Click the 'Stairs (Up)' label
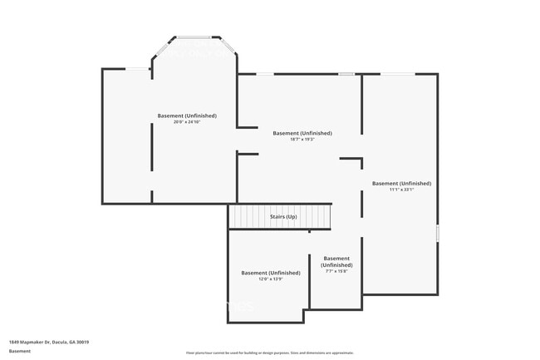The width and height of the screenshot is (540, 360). pos(283,217)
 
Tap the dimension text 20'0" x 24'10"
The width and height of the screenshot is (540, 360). pos(187,122)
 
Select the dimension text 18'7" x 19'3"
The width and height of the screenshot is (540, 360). pos(302,140)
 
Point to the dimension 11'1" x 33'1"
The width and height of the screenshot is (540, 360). pos(401,190)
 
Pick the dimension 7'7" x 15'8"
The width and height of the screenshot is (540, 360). pos(336,271)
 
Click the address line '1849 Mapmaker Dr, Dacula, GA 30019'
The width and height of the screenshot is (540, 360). pos(49,342)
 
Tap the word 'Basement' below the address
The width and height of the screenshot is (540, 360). pos(20,351)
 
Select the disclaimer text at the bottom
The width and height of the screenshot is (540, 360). pos(269,353)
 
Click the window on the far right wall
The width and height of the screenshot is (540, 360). pos(437,233)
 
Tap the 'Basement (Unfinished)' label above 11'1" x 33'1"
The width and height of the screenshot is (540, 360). pos(401,183)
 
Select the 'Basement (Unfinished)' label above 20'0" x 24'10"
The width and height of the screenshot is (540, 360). pos(187,116)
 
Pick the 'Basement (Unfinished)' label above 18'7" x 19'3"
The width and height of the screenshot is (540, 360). pos(302,133)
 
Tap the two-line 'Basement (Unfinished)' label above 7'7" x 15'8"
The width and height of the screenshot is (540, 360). pos(336,261)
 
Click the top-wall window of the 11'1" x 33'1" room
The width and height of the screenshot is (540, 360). pos(397,74)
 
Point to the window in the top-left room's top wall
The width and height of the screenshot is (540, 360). pos(137,68)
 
